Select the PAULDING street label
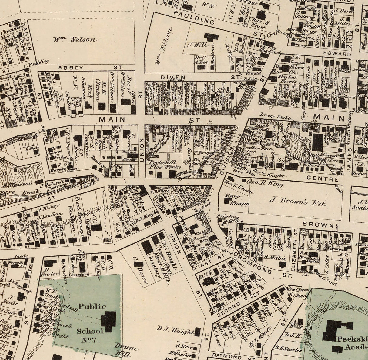[x=194, y=18]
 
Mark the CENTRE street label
[x=323, y=179]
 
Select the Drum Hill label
[x=125, y=350]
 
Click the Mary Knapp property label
[x=236, y=200]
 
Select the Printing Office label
[x=228, y=218]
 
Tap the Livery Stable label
[x=276, y=116]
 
